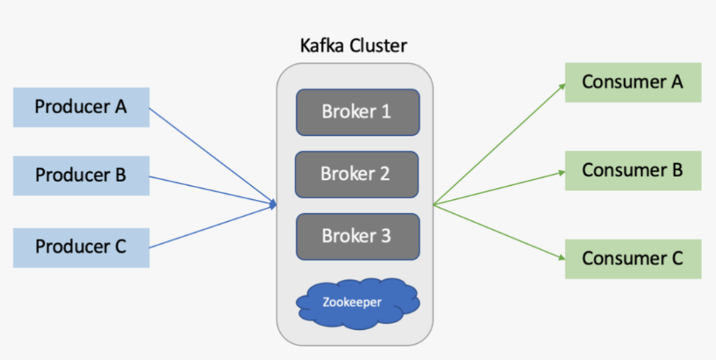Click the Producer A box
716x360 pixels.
coord(81,107)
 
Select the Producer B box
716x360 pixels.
coord(81,176)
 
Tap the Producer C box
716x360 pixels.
coord(81,247)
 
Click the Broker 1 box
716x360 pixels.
coord(357,112)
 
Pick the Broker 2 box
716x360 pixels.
coord(357,175)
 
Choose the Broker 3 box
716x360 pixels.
coord(357,237)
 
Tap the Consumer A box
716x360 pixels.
coord(632,82)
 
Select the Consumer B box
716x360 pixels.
coord(632,170)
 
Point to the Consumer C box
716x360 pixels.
coord(632,259)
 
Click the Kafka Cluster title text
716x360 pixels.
coord(354,46)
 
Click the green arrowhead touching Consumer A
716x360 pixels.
coord(562,86)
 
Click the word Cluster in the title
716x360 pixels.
coord(380,46)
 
